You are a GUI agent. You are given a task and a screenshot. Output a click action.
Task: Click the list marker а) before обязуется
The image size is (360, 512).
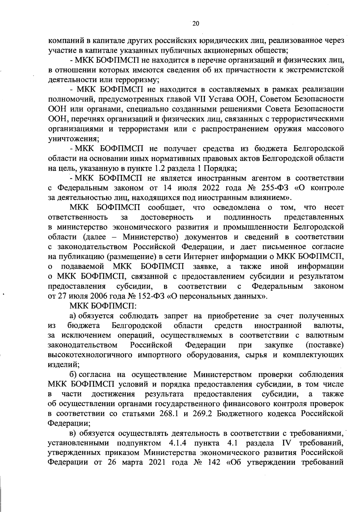74,316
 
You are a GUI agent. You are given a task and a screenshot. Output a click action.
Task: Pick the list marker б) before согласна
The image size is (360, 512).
74,375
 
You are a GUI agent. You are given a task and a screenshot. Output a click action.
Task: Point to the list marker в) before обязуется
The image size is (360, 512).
74,434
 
